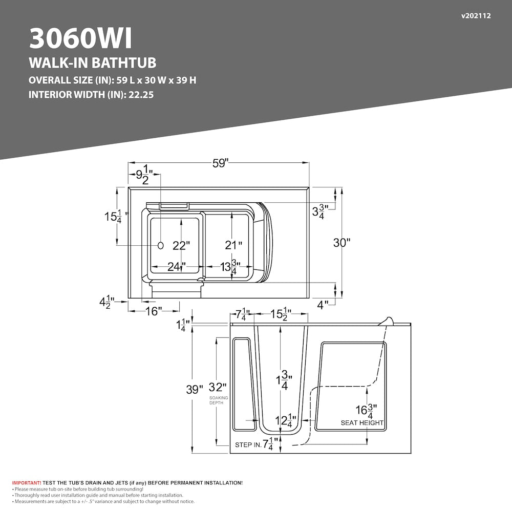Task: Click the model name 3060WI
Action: [81, 38]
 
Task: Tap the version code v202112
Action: [476, 16]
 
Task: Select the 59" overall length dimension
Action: [220, 163]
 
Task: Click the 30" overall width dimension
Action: [342, 243]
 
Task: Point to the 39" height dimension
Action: [195, 389]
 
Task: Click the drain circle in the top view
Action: [161, 246]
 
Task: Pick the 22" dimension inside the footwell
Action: [181, 246]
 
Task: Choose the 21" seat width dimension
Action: [233, 245]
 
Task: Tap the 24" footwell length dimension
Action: [177, 267]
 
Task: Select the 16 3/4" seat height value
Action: [367, 411]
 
